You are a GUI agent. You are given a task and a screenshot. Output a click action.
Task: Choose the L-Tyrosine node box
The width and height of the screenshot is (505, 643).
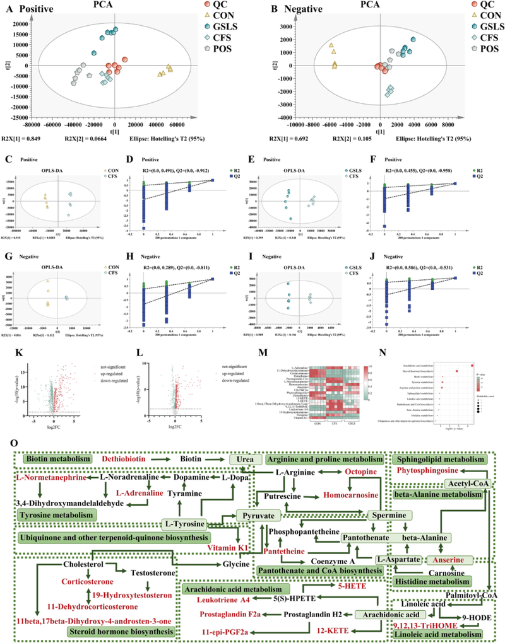(182, 524)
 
